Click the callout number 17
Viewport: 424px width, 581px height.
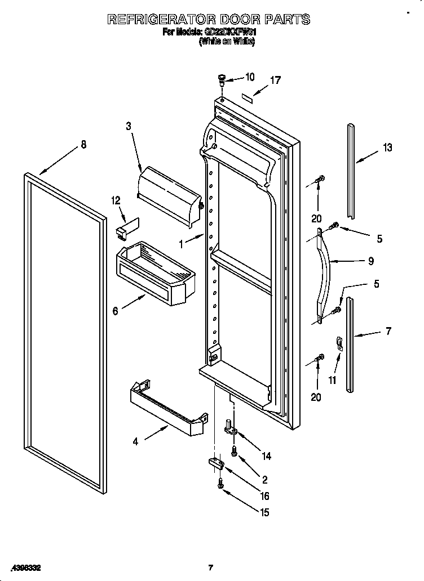(275, 81)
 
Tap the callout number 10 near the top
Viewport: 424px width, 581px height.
(250, 77)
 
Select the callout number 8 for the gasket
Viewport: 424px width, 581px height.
(83, 144)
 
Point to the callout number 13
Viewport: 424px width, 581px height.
(387, 148)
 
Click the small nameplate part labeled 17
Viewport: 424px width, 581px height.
(246, 97)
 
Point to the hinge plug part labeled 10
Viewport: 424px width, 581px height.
(222, 79)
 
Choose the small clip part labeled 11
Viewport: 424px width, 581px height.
(338, 342)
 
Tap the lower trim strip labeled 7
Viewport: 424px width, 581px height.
(351, 345)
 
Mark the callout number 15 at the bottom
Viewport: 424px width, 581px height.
(264, 512)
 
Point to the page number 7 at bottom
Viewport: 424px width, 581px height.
(210, 567)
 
